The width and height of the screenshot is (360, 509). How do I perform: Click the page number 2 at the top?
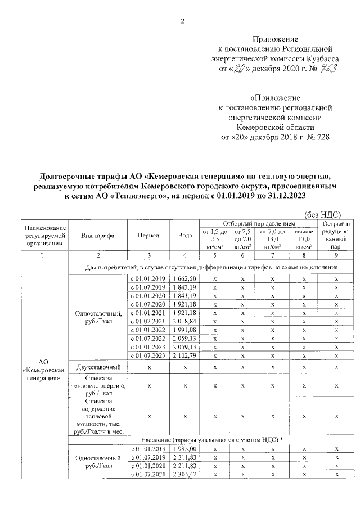(x=182, y=21)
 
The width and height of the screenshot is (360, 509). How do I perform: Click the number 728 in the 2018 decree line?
(x=320, y=137)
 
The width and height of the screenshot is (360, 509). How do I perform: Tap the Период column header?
(x=148, y=236)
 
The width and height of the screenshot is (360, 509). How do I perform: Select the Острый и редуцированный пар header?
(x=335, y=236)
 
